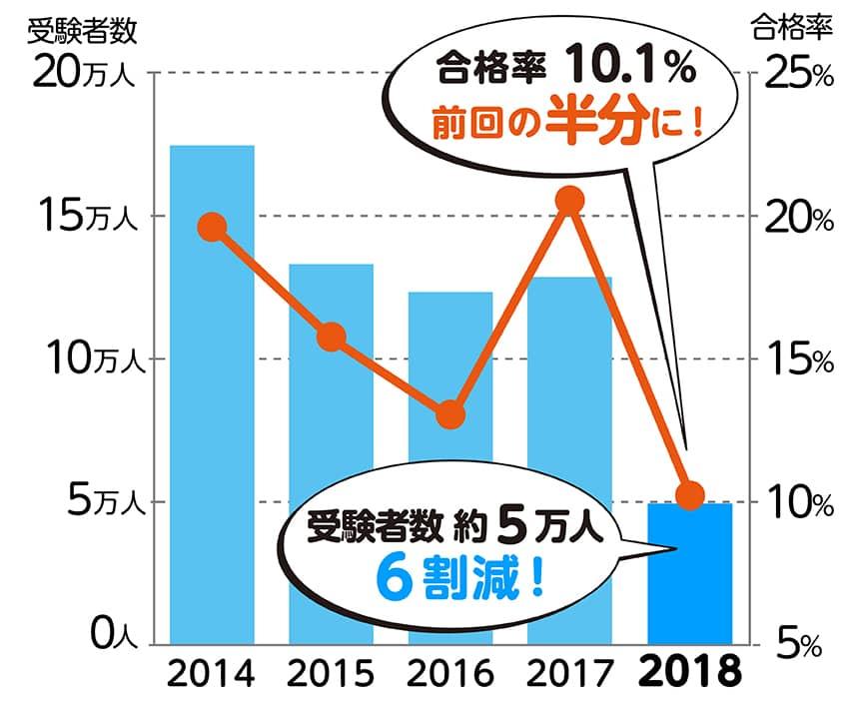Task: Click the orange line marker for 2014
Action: [x=212, y=227]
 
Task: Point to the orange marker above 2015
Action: [x=331, y=338]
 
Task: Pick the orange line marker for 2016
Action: [x=450, y=413]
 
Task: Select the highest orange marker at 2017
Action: [x=569, y=200]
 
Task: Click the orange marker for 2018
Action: [x=689, y=494]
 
